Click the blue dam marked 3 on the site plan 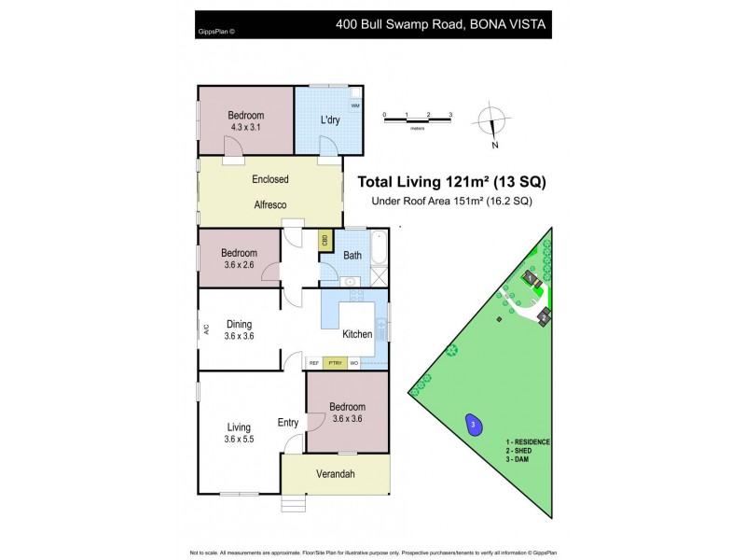[473, 424]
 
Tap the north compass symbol [490, 123]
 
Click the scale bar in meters [417, 119]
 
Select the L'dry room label [329, 119]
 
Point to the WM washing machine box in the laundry [355, 106]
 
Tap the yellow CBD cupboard [325, 240]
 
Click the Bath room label [352, 255]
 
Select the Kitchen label [357, 333]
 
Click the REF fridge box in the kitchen [314, 362]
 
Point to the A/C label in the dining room [206, 329]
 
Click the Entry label [288, 423]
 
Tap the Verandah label [336, 474]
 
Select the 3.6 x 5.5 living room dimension [240, 440]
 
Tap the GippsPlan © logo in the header [216, 31]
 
